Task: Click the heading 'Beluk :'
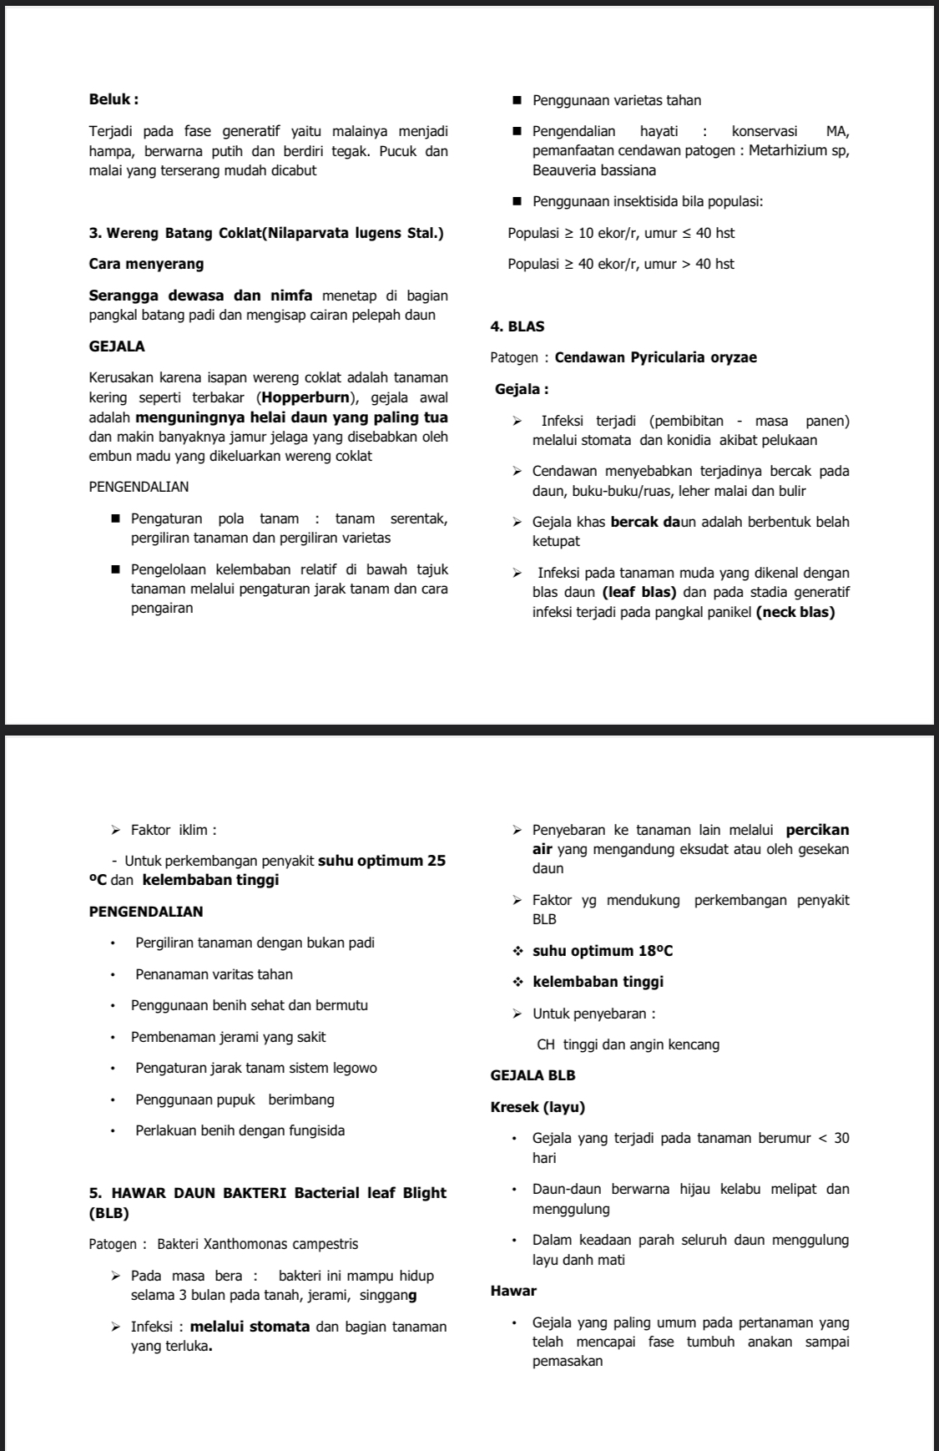(114, 99)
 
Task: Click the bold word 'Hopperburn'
(305, 397)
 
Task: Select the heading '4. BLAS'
(517, 326)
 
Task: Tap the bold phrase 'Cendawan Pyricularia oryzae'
(655, 357)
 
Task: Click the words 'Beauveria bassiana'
(593, 170)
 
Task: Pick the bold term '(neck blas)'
(795, 612)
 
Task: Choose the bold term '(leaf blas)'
(639, 593)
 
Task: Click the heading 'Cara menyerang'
(146, 264)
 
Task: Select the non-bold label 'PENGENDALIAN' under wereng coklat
(139, 487)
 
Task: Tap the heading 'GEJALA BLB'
(533, 1075)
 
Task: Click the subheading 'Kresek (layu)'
(538, 1107)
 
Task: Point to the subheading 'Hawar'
(513, 1291)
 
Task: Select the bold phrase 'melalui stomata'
(250, 1327)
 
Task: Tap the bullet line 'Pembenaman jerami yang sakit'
(228, 1037)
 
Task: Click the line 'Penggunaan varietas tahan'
(616, 100)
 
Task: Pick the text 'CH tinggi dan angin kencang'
(628, 1044)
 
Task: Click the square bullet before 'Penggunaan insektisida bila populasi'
(517, 201)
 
